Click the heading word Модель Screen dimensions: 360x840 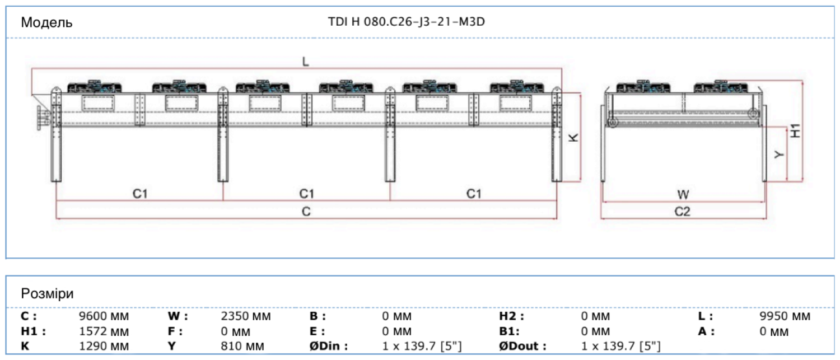point(46,22)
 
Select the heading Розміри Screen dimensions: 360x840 point(47,293)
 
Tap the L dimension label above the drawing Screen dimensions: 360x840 point(305,62)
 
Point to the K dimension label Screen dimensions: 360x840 point(573,138)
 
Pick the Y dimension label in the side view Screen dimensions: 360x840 point(779,155)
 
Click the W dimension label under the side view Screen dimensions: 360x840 point(683,195)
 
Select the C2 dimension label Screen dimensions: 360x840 point(682,212)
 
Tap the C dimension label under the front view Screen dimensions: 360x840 point(306,211)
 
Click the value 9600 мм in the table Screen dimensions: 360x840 point(104,316)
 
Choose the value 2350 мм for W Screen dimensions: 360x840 point(246,316)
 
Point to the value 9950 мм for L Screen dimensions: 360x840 point(785,316)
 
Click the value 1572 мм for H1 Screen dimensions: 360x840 point(104,331)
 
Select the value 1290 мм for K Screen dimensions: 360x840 point(104,346)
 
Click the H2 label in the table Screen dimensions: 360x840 point(511,316)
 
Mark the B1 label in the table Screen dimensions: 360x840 point(511,331)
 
